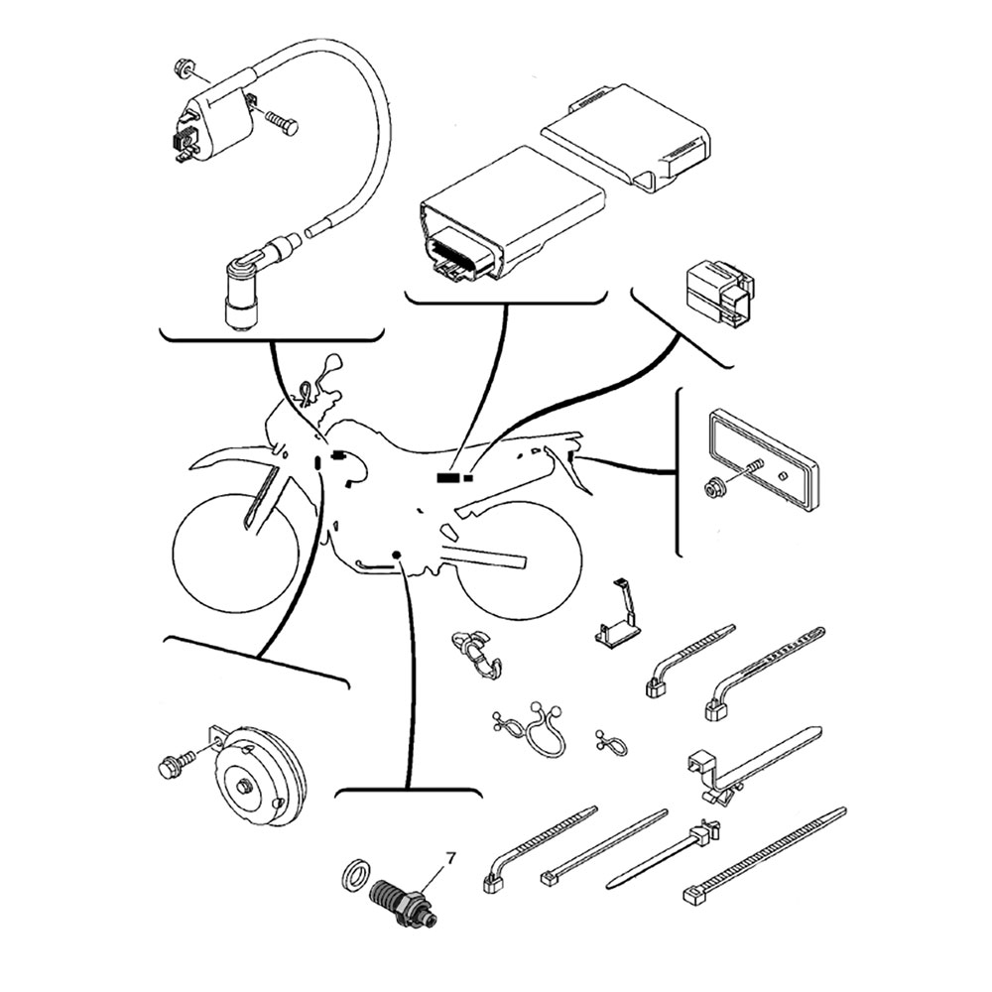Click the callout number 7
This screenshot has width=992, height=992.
450,858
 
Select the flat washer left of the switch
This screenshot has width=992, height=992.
356,879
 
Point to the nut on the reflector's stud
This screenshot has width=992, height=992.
714,488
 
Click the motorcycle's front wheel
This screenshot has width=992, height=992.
235,550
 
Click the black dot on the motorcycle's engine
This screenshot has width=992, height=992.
397,555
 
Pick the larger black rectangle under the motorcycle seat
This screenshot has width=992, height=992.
448,478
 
